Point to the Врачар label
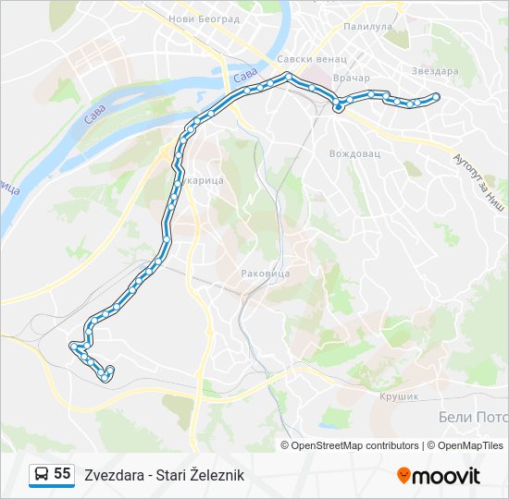352,78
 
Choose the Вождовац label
355,152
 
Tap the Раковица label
266,274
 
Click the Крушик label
399,396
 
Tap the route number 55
62,474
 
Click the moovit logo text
446,476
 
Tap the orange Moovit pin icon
403,476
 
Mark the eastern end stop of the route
436,96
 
